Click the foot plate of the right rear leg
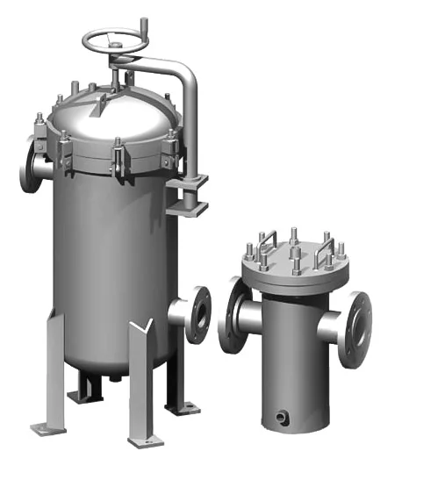183,406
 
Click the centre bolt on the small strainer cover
296,240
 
